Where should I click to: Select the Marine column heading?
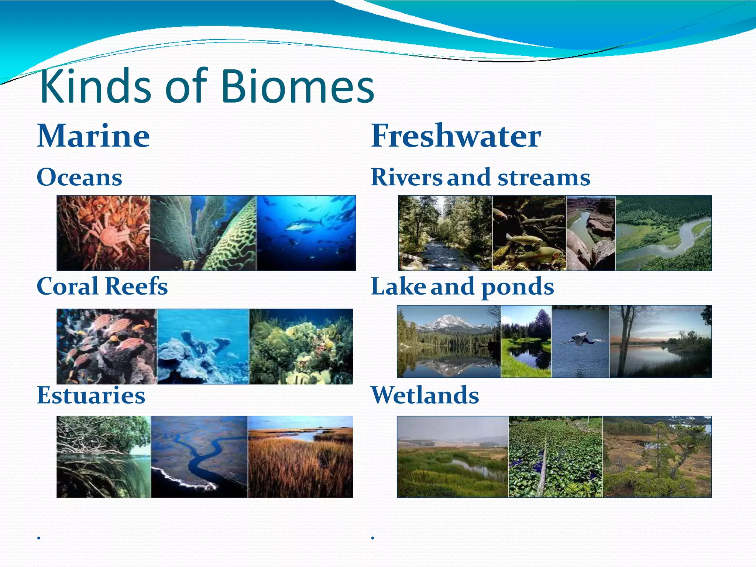93,136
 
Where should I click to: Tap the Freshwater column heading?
456,136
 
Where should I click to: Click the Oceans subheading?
79,177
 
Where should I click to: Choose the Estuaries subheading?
91,395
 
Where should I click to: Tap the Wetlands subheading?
425,395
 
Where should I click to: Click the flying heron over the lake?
583,339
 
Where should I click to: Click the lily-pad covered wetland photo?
555,457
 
